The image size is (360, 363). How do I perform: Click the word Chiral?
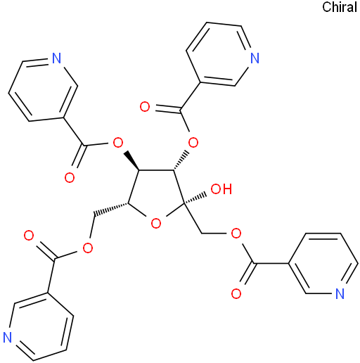tap(340, 7)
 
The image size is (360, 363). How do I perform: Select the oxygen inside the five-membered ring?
tap(156, 223)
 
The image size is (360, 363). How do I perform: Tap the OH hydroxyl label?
tap(221, 189)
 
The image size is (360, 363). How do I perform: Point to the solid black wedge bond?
tap(132, 160)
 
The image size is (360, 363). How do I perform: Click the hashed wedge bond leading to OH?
tap(195, 199)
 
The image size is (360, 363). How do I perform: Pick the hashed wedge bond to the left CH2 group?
tap(110, 209)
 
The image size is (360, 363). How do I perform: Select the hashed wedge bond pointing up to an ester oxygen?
tap(181, 160)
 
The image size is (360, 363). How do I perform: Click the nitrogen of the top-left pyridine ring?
tap(56, 58)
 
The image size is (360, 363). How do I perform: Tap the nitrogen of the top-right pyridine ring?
tap(255, 58)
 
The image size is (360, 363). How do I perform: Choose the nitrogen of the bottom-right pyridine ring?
tap(340, 293)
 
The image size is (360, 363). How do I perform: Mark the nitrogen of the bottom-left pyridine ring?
tap(7, 337)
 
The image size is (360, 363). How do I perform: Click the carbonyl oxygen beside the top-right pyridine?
tap(145, 107)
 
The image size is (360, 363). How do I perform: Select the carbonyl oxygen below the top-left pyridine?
tap(70, 178)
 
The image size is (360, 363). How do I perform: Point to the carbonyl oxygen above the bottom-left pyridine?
tap(29, 235)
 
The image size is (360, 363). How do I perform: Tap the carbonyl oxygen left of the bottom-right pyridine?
tap(236, 293)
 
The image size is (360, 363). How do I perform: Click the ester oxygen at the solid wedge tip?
tap(117, 142)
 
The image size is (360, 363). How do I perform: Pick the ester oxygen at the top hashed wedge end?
tap(193, 142)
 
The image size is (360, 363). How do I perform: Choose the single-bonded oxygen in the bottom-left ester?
tap(88, 248)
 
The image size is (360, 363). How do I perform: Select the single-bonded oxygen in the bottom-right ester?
tap(236, 234)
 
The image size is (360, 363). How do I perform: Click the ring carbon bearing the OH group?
tap(184, 205)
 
